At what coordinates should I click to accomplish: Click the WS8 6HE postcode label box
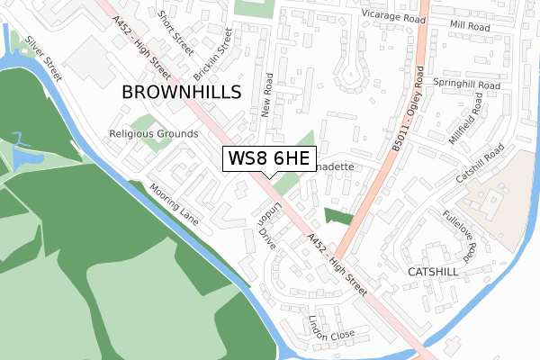[x=268, y=159]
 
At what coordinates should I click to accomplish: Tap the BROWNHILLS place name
[x=181, y=93]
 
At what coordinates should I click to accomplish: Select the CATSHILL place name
[x=433, y=271]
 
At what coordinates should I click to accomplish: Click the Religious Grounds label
[x=153, y=134]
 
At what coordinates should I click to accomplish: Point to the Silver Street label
[x=42, y=58]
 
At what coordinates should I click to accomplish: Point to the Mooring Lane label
[x=174, y=203]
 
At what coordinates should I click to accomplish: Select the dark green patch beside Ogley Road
[x=339, y=217]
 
